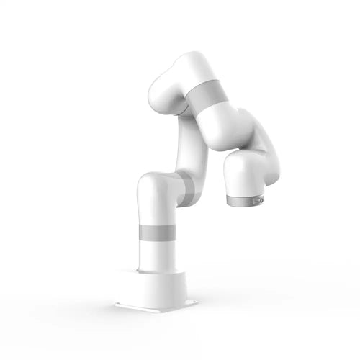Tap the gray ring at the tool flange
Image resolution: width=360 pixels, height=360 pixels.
pos(243,199)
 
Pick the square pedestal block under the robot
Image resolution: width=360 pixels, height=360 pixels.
pos(160,288)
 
